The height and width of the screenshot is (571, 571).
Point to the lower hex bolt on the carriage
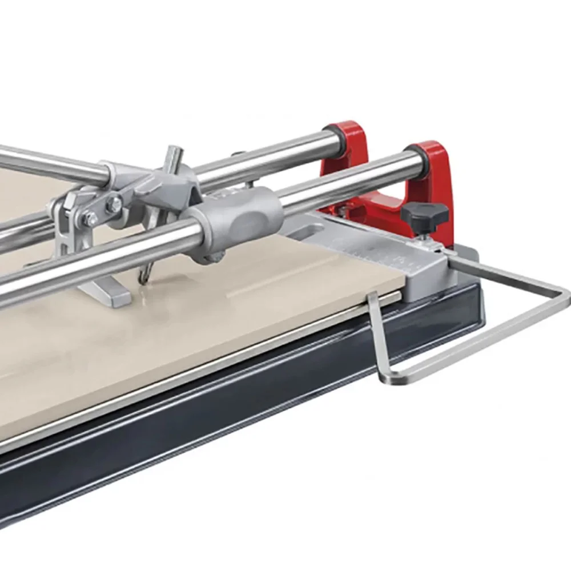pyautogui.click(x=90, y=219)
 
